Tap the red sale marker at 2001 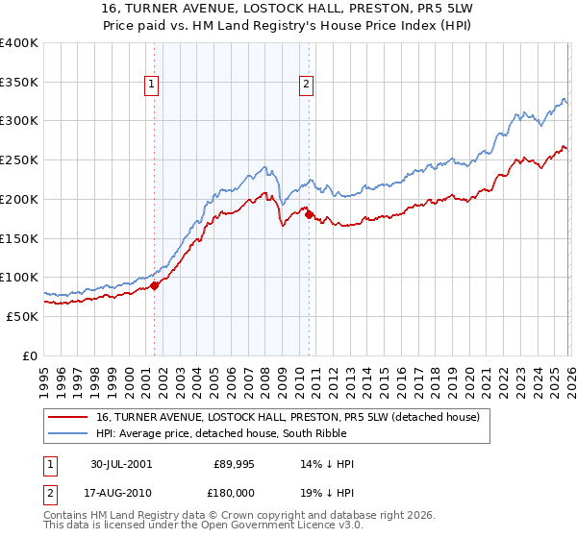[155, 284]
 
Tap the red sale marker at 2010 [309, 214]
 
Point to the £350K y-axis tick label [19, 82]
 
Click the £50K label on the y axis [22, 316]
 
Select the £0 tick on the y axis [31, 355]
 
